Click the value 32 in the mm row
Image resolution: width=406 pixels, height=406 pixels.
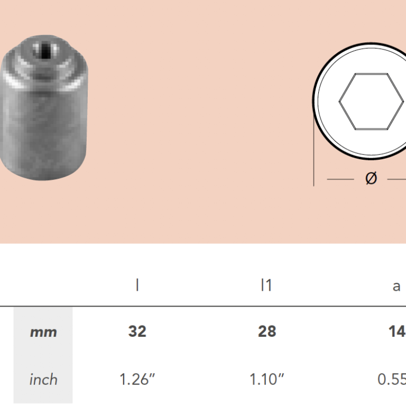click(137, 331)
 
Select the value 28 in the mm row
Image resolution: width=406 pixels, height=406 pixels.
click(267, 331)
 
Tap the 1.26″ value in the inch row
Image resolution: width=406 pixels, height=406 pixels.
click(137, 379)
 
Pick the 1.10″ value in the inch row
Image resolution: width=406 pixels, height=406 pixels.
click(266, 379)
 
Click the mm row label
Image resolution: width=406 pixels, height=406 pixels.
click(43, 332)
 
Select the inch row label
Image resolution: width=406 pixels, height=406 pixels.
click(43, 380)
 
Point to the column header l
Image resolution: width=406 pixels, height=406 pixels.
click(137, 285)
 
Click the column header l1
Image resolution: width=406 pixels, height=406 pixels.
click(266, 285)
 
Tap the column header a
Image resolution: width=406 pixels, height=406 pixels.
click(396, 287)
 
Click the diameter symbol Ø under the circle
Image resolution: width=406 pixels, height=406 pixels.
click(371, 178)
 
